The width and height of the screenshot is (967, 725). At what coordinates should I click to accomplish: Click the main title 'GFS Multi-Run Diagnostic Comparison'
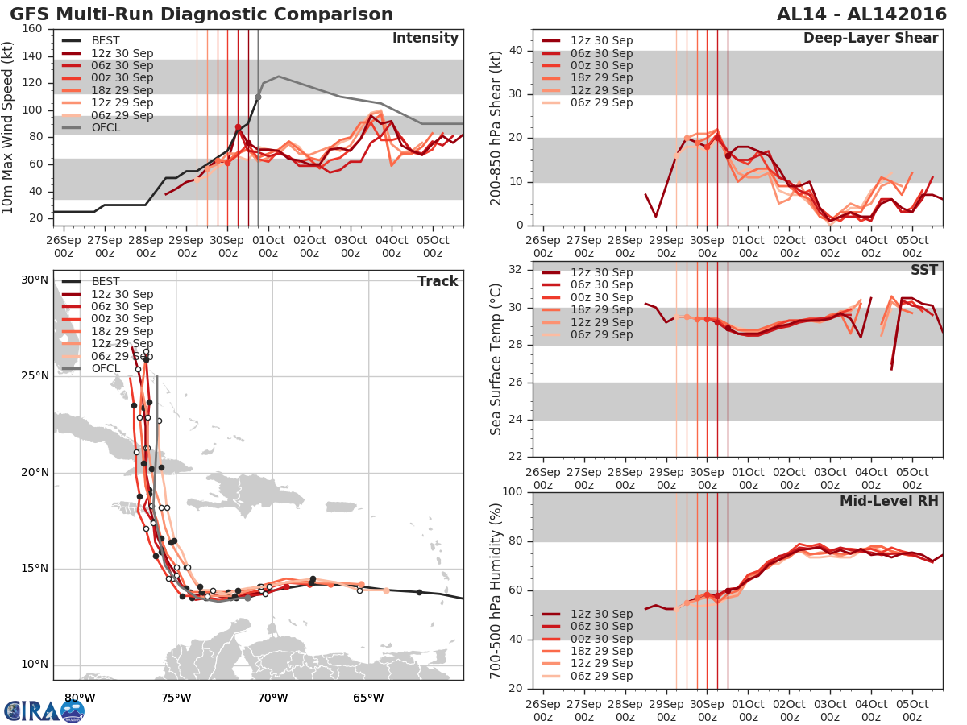(201, 14)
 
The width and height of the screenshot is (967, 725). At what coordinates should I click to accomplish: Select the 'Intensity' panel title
(425, 39)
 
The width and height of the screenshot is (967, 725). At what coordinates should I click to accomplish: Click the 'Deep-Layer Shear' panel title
(870, 39)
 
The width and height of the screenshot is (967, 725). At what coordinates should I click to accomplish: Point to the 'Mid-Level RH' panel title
(889, 502)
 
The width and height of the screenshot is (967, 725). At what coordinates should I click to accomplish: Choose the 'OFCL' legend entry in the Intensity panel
(111, 128)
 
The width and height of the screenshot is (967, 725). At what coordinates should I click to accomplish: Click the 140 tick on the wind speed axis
(33, 56)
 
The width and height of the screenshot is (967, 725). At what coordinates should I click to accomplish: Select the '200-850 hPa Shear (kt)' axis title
(496, 127)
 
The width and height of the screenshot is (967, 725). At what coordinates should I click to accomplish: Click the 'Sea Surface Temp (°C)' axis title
(496, 359)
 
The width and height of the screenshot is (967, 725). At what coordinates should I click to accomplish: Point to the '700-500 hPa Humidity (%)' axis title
(496, 590)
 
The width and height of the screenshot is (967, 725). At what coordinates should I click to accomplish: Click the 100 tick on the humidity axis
(513, 492)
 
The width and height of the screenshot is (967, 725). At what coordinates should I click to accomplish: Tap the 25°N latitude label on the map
(34, 376)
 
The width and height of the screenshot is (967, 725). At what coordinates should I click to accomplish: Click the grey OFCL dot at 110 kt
(258, 97)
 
